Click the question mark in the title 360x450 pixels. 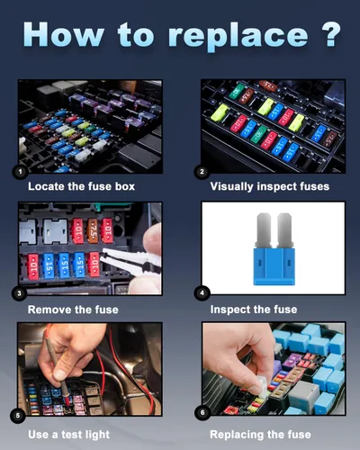click(331, 34)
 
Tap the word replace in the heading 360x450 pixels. click(238, 37)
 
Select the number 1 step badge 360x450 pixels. click(20, 172)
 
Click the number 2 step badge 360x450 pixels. click(202, 172)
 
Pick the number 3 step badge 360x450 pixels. click(19, 293)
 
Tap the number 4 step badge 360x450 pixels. click(202, 293)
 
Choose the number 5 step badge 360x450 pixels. click(18, 416)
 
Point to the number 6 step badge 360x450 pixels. click(202, 413)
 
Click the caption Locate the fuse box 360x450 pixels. click(81, 186)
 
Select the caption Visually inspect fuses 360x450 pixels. click(270, 186)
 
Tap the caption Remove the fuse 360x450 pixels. click(73, 310)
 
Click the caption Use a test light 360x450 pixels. click(68, 435)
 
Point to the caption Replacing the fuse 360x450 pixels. click(260, 435)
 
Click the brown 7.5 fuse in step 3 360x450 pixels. click(93, 230)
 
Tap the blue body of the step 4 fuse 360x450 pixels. click(274, 266)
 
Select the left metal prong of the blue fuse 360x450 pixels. click(264, 230)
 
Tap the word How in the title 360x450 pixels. click(64, 34)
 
